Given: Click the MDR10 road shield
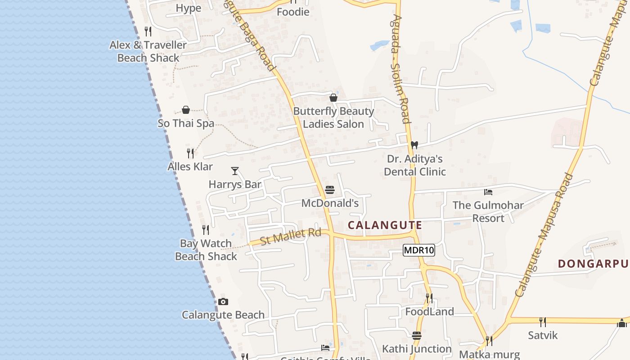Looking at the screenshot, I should click(419, 250).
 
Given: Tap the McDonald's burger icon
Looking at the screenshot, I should click(330, 190).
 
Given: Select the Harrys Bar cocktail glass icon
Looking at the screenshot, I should click(235, 171).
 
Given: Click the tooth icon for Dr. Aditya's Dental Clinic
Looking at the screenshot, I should click(414, 145).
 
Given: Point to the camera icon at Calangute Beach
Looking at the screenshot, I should click(223, 302).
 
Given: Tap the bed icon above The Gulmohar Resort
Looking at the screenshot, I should click(488, 192).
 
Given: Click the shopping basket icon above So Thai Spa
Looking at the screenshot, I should click(186, 110).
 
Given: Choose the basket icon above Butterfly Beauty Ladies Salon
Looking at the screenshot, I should click(333, 98).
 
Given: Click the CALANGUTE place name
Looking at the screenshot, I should click(385, 225).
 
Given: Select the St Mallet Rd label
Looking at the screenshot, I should click(291, 236).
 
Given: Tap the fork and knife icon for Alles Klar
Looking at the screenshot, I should click(190, 153).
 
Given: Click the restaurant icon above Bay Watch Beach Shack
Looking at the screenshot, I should click(206, 230).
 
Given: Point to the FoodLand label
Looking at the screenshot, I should click(430, 311).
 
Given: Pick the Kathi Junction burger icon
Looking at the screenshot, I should click(417, 336).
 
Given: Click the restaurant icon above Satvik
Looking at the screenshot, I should click(543, 322).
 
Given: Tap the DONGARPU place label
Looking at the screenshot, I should click(593, 264).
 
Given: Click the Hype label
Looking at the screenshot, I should click(189, 8).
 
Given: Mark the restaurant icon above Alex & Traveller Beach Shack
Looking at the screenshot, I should click(148, 31).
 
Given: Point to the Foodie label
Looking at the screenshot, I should click(293, 12).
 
